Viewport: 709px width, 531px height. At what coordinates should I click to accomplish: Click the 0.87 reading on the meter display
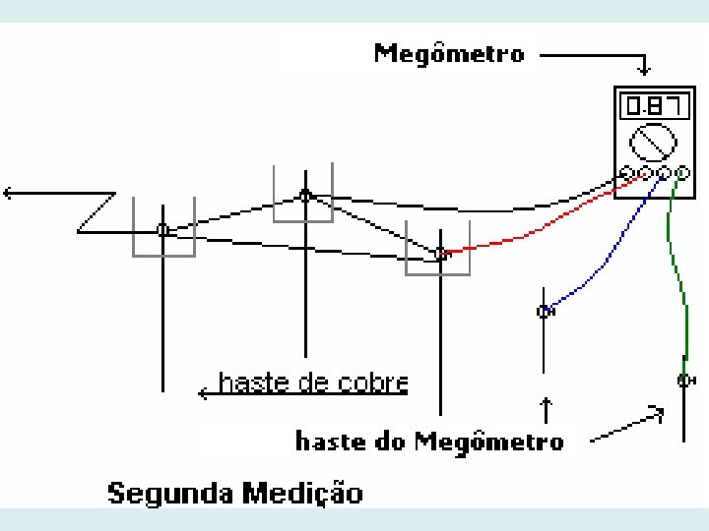647,103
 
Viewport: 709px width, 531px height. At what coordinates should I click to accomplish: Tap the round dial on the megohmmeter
653,143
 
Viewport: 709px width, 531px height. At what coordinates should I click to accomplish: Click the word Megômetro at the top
449,53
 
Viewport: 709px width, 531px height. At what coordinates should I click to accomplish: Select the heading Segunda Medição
234,492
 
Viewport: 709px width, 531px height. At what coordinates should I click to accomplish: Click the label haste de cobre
312,383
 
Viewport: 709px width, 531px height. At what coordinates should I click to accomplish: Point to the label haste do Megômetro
429,441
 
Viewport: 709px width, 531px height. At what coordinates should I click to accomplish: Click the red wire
551,222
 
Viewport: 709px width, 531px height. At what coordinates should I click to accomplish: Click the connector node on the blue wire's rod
544,312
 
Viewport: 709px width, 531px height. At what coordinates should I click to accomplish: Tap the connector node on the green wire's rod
683,380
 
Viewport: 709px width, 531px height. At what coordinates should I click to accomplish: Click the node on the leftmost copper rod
163,230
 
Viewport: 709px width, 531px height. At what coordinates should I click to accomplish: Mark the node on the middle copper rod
305,195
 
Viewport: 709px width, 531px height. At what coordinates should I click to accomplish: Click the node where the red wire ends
439,254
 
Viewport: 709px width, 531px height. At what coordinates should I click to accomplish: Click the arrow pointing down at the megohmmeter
644,67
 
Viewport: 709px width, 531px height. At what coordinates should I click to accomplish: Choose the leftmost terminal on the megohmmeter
627,174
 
